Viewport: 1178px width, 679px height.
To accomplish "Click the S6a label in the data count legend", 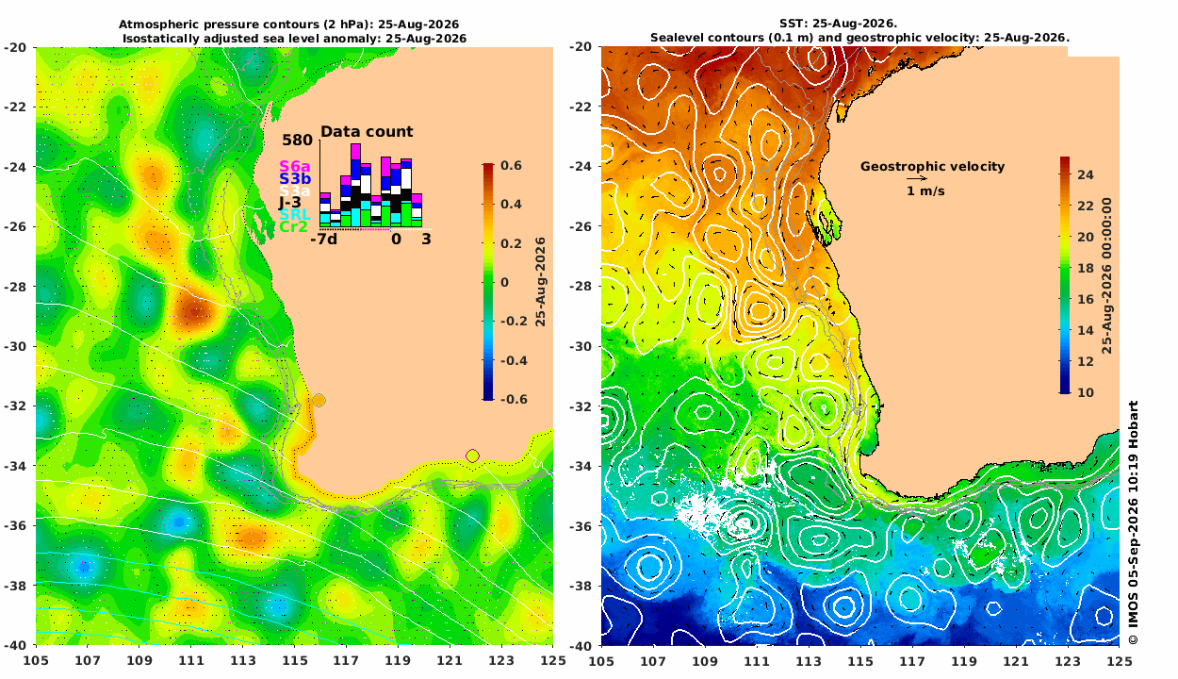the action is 294,166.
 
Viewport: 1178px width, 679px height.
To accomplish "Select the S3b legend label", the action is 294,178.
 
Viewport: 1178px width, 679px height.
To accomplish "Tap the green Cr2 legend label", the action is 293,227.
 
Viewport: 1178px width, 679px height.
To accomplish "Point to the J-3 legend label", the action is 289,203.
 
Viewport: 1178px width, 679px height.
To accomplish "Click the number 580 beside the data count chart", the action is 297,140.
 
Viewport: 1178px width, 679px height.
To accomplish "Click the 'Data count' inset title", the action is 367,132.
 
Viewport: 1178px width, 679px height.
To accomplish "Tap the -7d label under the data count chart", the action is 323,240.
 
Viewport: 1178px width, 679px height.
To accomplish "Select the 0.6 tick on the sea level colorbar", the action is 511,165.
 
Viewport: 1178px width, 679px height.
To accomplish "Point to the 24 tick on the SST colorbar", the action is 1086,174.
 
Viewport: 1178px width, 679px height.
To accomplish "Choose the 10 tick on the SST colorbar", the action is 1086,392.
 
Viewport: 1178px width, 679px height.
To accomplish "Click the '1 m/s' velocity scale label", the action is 925,191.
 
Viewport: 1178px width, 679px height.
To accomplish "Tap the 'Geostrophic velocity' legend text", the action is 932,167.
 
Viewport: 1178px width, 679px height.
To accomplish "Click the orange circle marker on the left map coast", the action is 319,401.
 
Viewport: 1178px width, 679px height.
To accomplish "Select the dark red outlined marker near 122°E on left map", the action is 472,455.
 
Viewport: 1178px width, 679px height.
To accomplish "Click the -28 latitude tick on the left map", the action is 15,287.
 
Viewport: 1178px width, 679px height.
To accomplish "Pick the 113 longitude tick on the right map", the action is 809,661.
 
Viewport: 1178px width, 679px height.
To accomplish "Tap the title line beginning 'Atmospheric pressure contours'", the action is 288,25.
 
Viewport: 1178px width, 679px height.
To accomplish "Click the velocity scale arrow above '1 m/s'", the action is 917,179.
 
